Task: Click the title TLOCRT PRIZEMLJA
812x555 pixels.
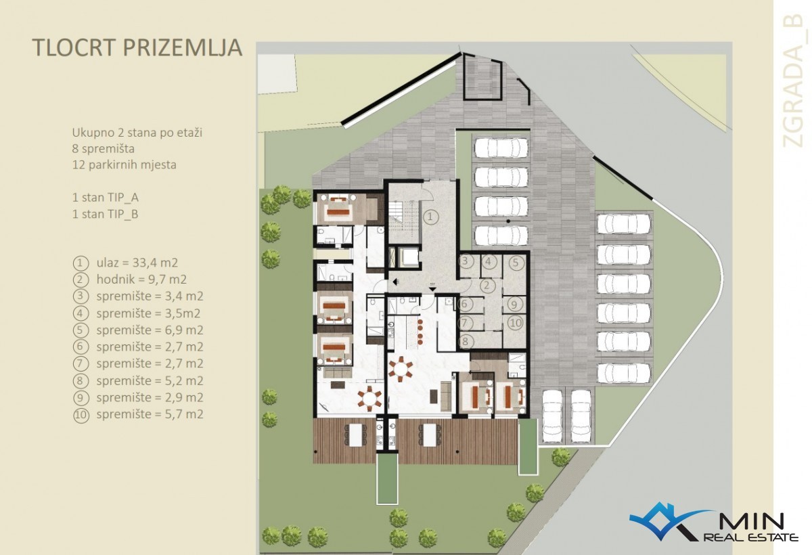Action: click(137, 47)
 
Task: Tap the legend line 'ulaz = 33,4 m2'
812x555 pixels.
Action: click(137, 263)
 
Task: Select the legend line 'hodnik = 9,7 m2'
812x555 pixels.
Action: click(141, 279)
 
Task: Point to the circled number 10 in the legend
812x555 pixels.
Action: click(81, 415)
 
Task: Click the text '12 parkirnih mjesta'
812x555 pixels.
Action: click(125, 165)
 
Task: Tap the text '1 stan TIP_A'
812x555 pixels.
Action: click(105, 198)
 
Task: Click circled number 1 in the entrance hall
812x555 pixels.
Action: click(430, 217)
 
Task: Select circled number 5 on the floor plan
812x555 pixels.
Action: click(516, 262)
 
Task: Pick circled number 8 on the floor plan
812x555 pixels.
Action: click(466, 341)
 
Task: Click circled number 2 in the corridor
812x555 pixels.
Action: click(487, 286)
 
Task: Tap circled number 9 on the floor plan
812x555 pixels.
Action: click(514, 304)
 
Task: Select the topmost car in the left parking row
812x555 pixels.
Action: click(501, 148)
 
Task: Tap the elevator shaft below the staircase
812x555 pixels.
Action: click(409, 257)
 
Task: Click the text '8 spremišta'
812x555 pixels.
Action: click(104, 149)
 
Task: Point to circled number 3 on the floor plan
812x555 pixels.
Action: click(466, 261)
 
